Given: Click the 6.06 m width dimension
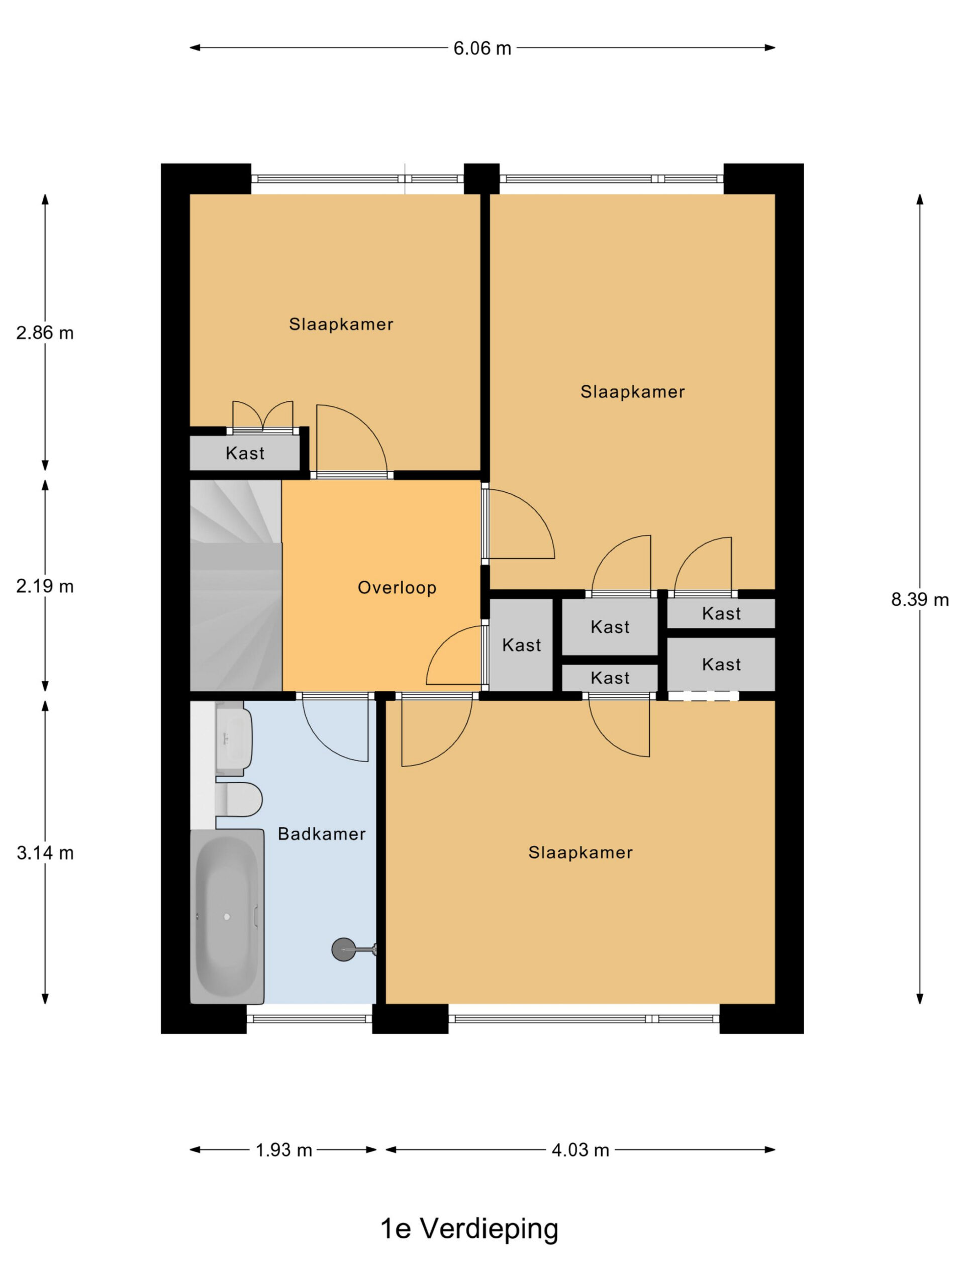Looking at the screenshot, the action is coord(481,48).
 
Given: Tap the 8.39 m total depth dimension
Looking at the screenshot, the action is coord(920,599).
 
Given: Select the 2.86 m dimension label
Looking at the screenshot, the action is coord(45,333).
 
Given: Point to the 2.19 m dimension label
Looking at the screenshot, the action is coord(45,586).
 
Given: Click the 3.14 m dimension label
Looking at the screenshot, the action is coord(45,853).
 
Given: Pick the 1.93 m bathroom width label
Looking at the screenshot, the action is coord(284,1149).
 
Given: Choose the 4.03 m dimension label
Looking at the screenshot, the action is coord(580,1149).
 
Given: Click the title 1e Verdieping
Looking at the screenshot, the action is coord(469,1228).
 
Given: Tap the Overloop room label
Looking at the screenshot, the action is coord(397,588).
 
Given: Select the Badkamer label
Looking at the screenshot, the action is coord(322,834).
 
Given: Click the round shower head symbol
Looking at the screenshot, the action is coord(343,949).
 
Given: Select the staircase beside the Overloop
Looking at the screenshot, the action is coord(236,585).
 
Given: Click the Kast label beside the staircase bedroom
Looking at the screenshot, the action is coord(245,453).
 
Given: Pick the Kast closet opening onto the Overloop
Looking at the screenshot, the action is coord(521,645).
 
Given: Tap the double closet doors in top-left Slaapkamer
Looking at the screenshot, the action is coord(263,416).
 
